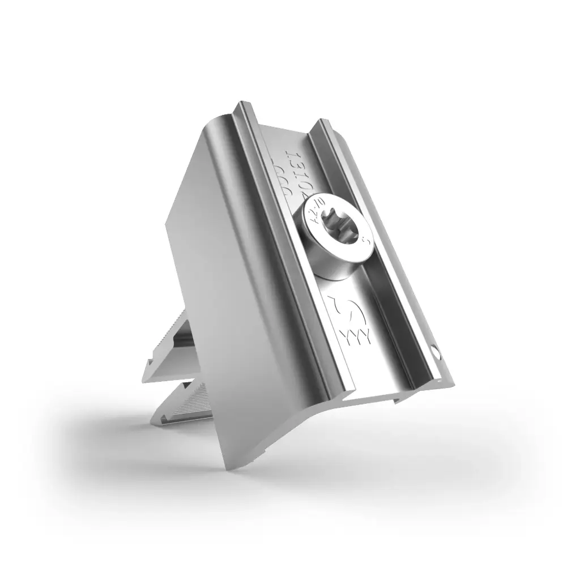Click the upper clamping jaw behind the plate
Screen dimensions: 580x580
pyautogui.click(x=176, y=346)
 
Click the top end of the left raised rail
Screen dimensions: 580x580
pyautogui.click(x=245, y=105)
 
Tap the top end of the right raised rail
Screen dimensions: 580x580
pyautogui.click(x=323, y=122)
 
